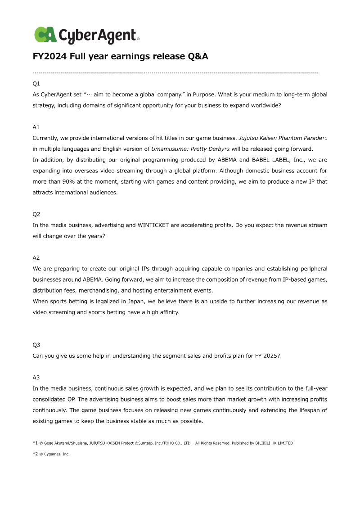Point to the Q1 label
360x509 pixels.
pos(36,84)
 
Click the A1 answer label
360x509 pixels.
pos(36,127)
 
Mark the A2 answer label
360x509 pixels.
pos(36,257)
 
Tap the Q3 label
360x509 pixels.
pos(36,345)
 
